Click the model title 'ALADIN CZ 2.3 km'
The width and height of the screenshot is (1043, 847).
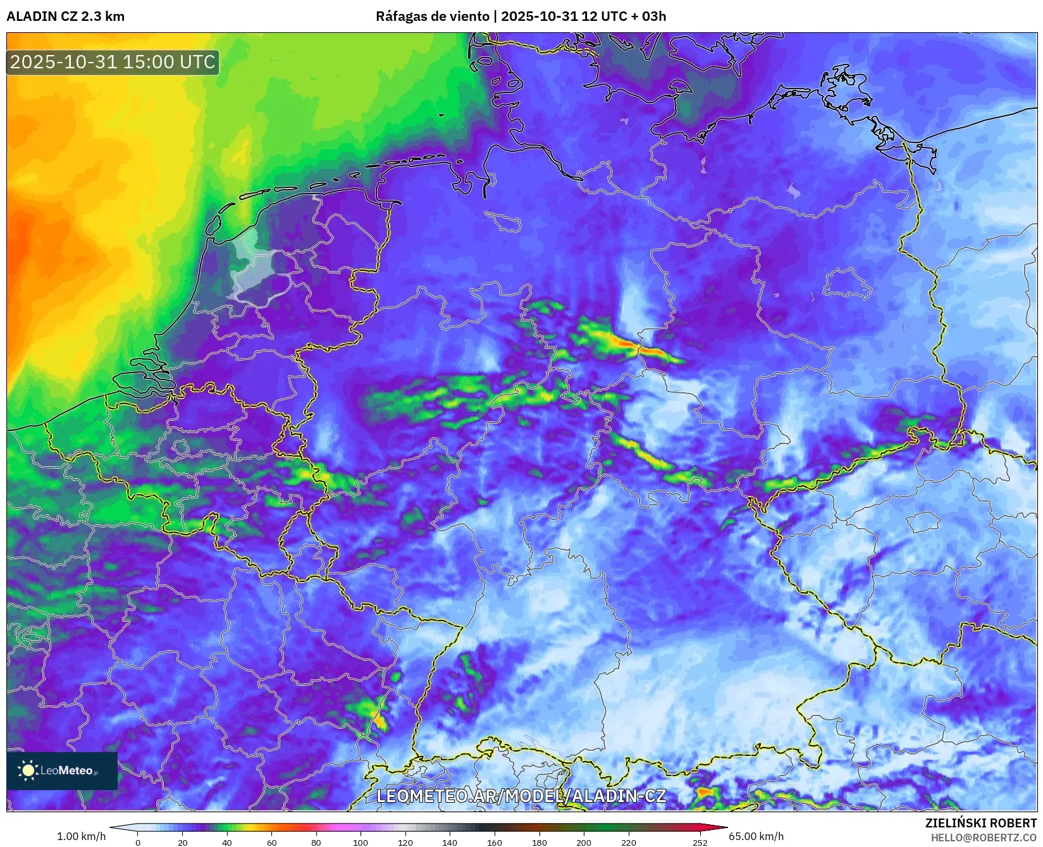(65, 16)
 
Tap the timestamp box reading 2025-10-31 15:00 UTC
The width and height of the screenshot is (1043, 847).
(113, 62)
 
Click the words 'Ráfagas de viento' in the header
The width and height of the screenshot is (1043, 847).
(433, 16)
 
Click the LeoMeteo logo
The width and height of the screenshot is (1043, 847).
(62, 770)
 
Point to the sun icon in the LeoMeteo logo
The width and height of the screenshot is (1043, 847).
(28, 770)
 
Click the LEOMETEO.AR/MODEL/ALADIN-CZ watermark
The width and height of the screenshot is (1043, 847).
(521, 796)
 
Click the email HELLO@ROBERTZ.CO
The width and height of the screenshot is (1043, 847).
(984, 837)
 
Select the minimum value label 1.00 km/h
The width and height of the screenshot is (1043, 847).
(81, 836)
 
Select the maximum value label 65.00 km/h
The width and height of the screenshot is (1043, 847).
(756, 836)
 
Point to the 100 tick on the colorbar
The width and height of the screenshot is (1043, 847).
(361, 842)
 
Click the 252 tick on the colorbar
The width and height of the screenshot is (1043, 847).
(700, 842)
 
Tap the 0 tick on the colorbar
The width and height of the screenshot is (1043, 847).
(138, 842)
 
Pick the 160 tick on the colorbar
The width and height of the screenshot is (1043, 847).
(495, 842)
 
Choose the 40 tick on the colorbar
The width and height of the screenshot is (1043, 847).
(227, 842)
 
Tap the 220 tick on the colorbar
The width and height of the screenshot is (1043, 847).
(628, 842)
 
